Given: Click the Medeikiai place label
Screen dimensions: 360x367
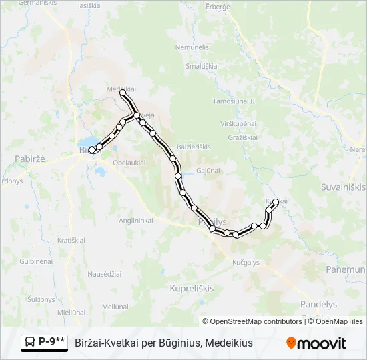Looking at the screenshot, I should click(x=121, y=87).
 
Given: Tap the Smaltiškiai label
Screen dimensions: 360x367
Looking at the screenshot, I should click(x=203, y=66).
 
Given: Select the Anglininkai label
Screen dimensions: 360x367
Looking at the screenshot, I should click(x=135, y=220).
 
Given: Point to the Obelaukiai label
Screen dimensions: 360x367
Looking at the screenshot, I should click(x=130, y=163).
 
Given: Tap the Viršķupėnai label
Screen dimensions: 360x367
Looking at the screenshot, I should click(x=238, y=124).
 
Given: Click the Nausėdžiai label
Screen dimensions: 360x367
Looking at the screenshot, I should click(x=105, y=274).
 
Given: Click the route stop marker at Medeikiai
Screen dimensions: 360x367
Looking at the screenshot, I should click(x=123, y=95).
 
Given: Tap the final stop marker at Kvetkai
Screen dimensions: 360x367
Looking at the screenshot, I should click(x=276, y=201).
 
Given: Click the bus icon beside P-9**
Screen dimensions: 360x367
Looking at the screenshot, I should click(x=30, y=342).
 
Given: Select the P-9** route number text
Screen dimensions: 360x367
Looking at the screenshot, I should click(x=52, y=342).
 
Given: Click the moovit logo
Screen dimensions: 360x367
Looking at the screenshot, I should click(x=316, y=343).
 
